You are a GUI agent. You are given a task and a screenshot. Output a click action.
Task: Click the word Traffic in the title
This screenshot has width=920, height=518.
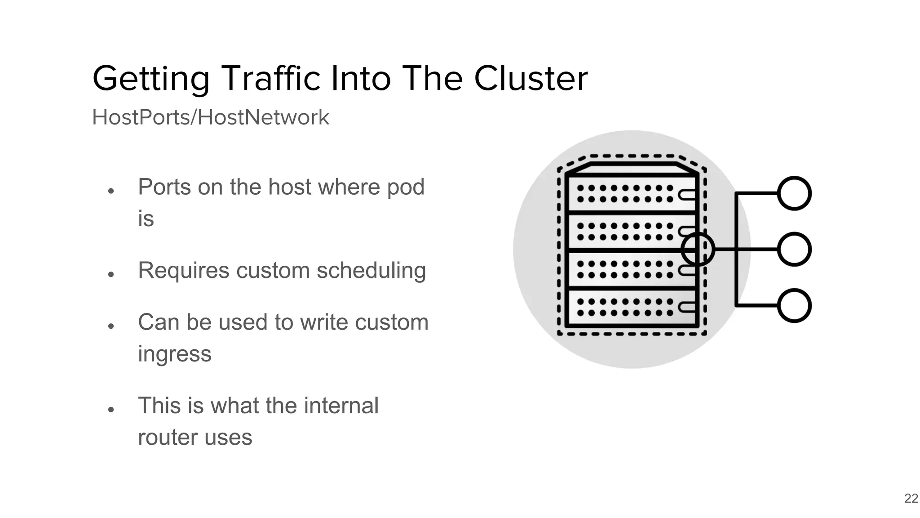coord(272,78)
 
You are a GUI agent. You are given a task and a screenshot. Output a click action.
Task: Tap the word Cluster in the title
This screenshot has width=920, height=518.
coord(531,78)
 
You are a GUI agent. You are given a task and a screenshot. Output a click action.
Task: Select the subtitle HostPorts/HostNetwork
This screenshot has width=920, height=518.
coord(210,117)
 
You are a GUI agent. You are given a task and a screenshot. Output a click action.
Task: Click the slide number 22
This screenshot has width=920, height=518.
coord(911,498)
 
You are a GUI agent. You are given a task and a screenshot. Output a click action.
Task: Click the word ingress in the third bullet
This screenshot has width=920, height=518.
coord(174,354)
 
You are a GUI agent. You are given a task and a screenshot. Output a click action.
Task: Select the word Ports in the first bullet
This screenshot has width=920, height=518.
coord(164,187)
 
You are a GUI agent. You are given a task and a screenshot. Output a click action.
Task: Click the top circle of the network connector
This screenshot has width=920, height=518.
coord(794,193)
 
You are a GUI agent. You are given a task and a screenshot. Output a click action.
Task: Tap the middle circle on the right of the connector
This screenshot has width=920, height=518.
coord(794,249)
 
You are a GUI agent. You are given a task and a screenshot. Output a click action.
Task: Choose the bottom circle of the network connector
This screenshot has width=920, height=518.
coord(794,306)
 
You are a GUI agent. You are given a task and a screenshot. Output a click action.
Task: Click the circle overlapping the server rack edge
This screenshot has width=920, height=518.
coord(698,249)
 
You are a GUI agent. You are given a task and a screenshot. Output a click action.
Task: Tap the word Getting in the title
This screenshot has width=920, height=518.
coord(151,79)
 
